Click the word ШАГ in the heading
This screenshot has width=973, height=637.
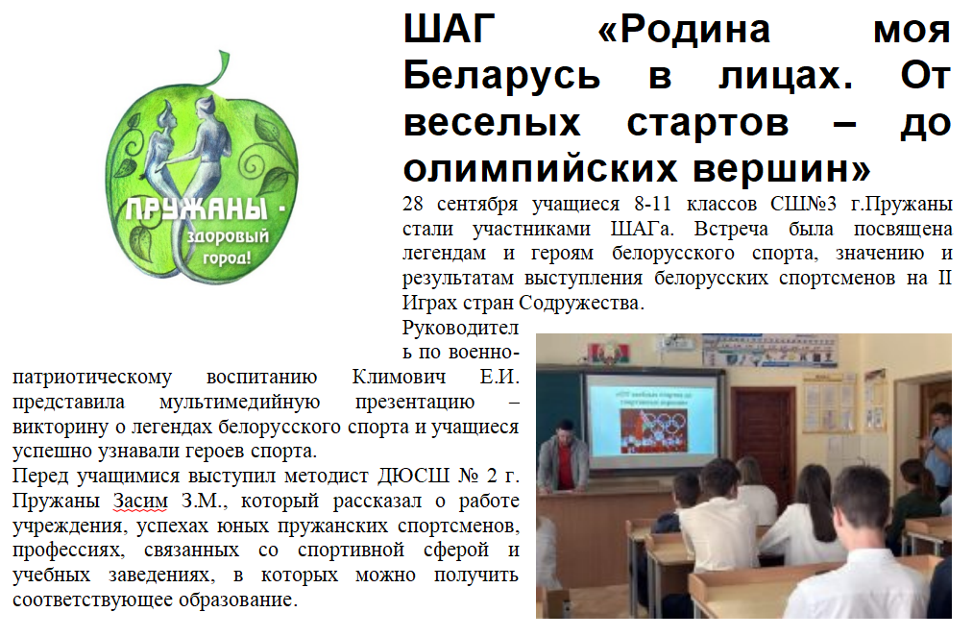450,29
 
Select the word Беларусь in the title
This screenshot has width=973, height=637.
502,75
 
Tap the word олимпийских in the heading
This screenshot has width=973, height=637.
541,168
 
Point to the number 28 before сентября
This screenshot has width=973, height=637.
413,204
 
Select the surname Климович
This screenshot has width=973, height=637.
399,377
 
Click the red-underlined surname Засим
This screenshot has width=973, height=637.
140,501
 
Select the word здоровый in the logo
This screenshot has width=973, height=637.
229,237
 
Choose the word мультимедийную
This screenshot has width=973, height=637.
239,403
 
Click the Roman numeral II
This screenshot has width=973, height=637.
944,277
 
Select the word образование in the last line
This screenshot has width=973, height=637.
238,600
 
